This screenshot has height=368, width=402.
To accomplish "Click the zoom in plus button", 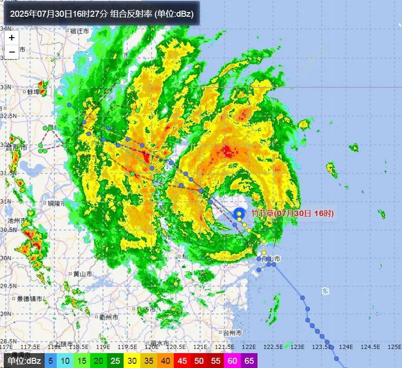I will [12, 38].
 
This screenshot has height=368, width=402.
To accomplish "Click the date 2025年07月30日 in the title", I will [41, 13].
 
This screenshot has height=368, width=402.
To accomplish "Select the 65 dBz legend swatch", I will [250, 361].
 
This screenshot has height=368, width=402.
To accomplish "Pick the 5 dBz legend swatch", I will [50, 361].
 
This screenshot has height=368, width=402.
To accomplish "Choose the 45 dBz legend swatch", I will [183, 361].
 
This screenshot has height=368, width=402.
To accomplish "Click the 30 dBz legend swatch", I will [132, 361].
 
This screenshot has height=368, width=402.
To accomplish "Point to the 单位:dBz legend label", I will [23, 361].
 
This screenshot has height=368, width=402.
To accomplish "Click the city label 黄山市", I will [82, 274].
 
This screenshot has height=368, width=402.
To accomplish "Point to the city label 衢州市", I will [108, 317].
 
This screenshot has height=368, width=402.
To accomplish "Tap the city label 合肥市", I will [17, 147].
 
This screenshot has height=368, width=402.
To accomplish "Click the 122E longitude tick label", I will [249, 347].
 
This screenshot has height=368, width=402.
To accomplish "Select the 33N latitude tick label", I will [6, 87].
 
